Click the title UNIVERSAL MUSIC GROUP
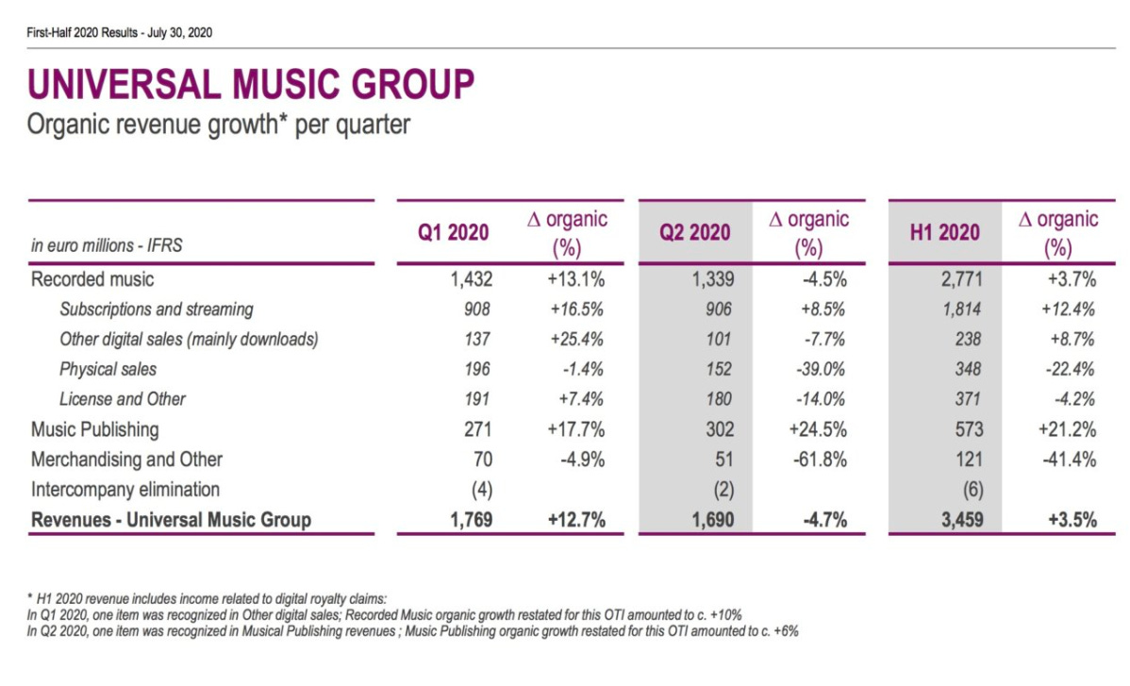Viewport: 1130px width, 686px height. coord(251,85)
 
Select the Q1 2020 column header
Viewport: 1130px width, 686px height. coord(454,232)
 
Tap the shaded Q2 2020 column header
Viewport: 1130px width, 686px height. coord(695,232)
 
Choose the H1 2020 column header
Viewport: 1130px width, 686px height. coord(944,232)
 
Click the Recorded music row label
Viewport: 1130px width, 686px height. coord(92,279)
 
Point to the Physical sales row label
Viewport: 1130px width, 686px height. coord(108,369)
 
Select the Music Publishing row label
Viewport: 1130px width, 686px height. coord(95,429)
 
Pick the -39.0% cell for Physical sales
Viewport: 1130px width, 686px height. coord(819,369)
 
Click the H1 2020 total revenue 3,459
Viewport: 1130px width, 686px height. coord(961,519)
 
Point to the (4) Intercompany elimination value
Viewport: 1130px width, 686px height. coord(481,490)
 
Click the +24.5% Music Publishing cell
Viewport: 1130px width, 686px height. coord(817,429)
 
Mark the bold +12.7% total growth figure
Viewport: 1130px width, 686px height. coord(574,519)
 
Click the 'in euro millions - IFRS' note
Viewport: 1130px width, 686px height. coord(107,246)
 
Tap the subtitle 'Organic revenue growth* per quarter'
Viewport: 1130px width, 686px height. coord(220,125)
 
